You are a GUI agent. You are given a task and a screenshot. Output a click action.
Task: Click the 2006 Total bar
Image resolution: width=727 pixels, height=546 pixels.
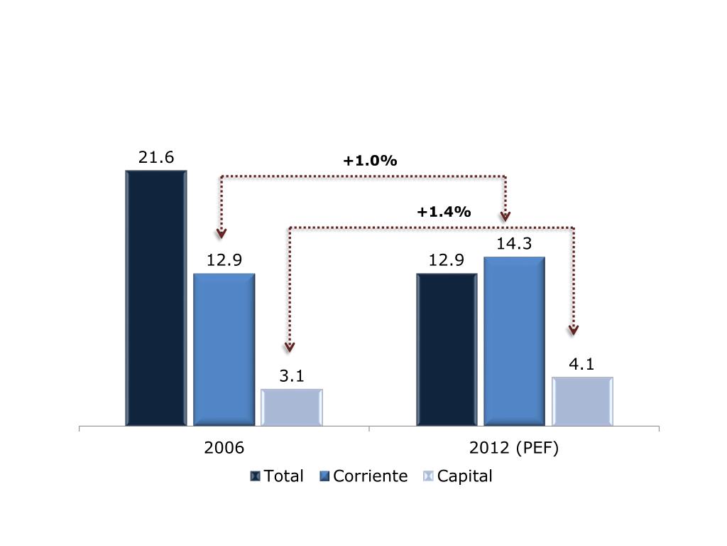pyautogui.click(x=156, y=299)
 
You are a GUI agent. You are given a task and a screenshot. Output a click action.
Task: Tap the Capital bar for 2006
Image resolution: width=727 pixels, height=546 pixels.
pyautogui.click(x=292, y=407)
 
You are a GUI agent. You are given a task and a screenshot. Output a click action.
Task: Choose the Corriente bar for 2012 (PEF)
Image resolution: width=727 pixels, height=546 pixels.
pyautogui.click(x=514, y=341)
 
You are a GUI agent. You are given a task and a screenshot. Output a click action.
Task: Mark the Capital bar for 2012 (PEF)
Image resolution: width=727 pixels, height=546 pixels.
pyautogui.click(x=582, y=402)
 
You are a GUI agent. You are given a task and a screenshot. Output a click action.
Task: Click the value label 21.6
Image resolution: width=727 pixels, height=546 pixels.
pyautogui.click(x=156, y=158)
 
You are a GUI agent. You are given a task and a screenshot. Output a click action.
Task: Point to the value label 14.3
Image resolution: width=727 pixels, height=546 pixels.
pyautogui.click(x=515, y=244)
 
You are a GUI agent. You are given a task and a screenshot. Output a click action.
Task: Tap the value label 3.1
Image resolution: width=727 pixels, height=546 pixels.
pyautogui.click(x=292, y=377)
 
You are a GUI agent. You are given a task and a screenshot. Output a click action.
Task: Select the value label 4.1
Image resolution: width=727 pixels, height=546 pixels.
pyautogui.click(x=582, y=365)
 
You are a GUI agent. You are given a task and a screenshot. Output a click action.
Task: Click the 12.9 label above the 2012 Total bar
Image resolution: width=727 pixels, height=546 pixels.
pyautogui.click(x=447, y=261)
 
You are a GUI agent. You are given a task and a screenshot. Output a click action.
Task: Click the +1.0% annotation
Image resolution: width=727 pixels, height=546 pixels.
pyautogui.click(x=370, y=161)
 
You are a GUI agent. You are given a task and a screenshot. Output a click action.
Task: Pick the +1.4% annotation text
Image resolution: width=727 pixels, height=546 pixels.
pyautogui.click(x=444, y=211)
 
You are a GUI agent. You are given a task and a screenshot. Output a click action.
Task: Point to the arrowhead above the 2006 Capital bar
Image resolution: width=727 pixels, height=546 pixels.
pyautogui.click(x=289, y=347)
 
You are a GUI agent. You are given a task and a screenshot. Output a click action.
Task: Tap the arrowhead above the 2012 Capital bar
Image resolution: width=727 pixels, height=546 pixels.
pyautogui.click(x=574, y=330)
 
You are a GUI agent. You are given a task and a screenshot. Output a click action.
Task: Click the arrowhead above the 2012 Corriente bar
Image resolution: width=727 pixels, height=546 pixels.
pyautogui.click(x=505, y=215)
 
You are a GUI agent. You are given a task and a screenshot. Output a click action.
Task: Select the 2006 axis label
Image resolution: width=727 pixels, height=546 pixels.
pyautogui.click(x=224, y=449)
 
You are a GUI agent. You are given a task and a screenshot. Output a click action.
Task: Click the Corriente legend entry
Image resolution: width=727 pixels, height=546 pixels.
pyautogui.click(x=363, y=476)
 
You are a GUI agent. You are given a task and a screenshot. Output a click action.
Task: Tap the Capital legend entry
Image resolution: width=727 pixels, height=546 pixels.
pyautogui.click(x=457, y=476)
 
